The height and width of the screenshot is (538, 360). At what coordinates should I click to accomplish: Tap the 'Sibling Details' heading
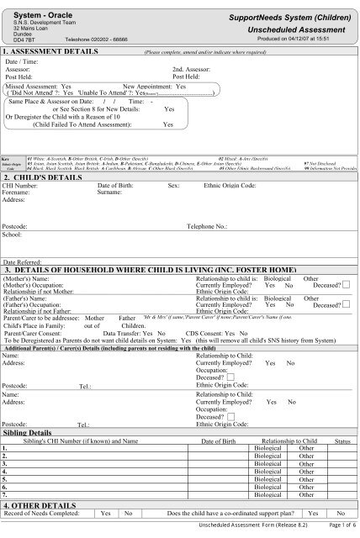32,432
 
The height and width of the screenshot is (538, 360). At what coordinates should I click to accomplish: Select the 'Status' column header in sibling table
341,440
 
